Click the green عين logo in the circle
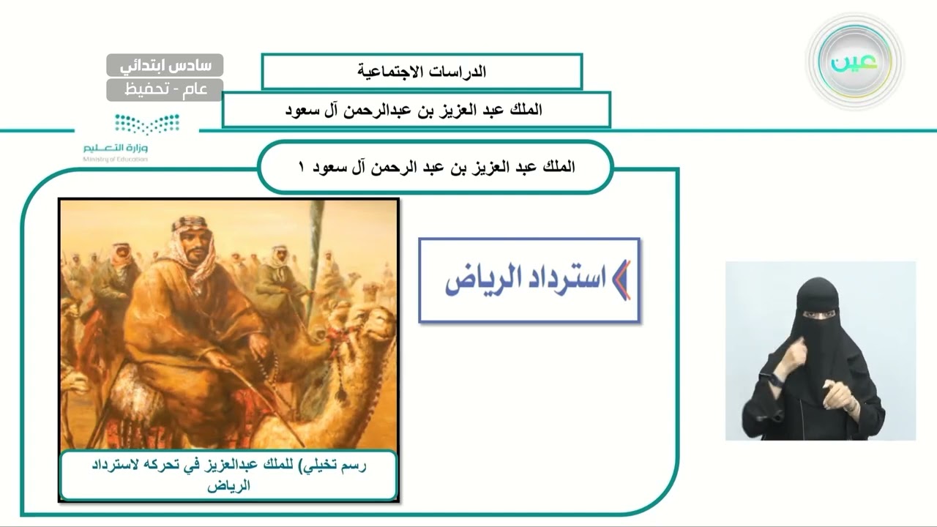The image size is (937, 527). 854,62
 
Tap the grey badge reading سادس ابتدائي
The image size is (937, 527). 165,65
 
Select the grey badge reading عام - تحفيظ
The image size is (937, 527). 165,89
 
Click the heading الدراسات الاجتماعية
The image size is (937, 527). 422,72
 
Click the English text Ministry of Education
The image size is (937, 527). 115,158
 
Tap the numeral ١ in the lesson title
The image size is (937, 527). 300,167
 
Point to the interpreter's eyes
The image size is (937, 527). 815,317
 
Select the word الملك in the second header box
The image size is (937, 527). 524,111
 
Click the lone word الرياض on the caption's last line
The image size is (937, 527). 229,485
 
